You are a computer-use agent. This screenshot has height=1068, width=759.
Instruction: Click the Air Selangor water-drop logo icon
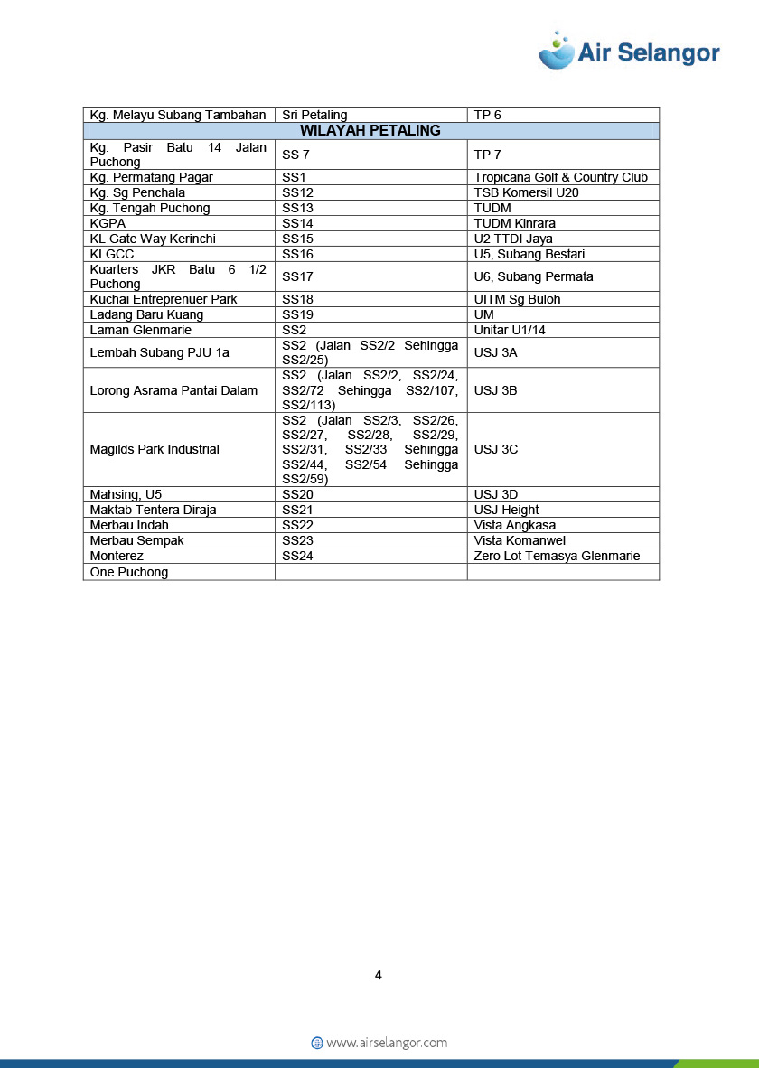point(557,51)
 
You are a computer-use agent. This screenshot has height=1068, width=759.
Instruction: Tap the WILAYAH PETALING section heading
point(370,131)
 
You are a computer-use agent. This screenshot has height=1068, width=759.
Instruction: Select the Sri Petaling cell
point(314,115)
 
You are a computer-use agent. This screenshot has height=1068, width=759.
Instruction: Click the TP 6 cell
point(487,115)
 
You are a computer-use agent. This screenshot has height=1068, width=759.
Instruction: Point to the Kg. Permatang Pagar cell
point(151,177)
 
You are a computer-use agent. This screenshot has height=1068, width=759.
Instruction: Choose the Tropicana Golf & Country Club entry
point(560,177)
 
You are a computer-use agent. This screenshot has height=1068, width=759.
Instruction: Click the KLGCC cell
point(112,254)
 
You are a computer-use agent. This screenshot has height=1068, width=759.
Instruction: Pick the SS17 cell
point(297,276)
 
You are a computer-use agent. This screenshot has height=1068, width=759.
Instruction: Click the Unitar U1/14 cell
point(510,330)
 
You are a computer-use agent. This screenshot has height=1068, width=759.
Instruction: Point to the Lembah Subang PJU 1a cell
point(160,352)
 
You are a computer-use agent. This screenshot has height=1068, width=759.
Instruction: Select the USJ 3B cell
point(495,390)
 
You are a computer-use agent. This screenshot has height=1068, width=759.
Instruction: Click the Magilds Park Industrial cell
point(155,449)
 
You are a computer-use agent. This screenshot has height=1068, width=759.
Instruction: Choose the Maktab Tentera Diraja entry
point(153,510)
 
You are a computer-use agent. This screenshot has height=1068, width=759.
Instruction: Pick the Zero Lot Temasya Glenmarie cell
point(557,556)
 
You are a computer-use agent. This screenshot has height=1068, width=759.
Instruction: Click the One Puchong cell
point(129,572)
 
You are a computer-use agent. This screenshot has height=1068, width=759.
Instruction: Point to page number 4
point(379,975)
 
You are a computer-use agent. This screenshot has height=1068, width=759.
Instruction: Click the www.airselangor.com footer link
point(386,1043)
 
